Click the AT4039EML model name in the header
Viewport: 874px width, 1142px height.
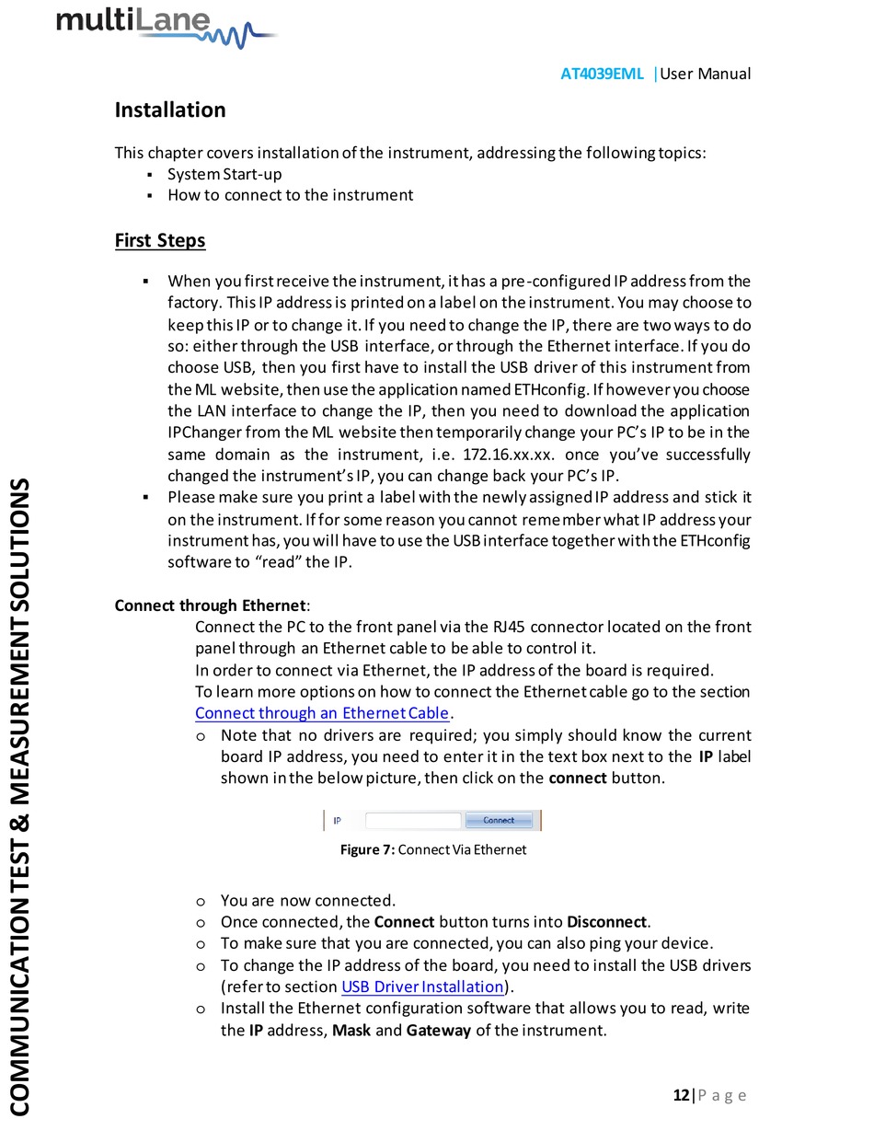click(602, 74)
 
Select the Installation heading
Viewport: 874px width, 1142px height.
click(169, 110)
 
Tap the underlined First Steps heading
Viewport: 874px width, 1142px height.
click(159, 240)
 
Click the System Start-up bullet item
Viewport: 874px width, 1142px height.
click(224, 174)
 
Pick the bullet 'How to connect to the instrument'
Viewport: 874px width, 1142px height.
click(290, 195)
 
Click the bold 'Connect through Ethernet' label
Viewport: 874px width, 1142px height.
click(210, 605)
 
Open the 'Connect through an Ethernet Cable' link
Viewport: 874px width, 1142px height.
click(322, 713)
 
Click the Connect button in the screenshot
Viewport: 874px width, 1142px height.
click(499, 820)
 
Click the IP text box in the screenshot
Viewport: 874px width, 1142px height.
click(413, 820)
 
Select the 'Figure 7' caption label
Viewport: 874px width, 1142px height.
click(367, 849)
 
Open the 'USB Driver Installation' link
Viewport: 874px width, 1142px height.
click(422, 987)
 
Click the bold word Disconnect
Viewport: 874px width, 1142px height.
click(607, 921)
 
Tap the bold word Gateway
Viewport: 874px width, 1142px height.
click(438, 1030)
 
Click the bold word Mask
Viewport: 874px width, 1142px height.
click(351, 1030)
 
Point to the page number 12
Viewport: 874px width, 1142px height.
click(681, 1095)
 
